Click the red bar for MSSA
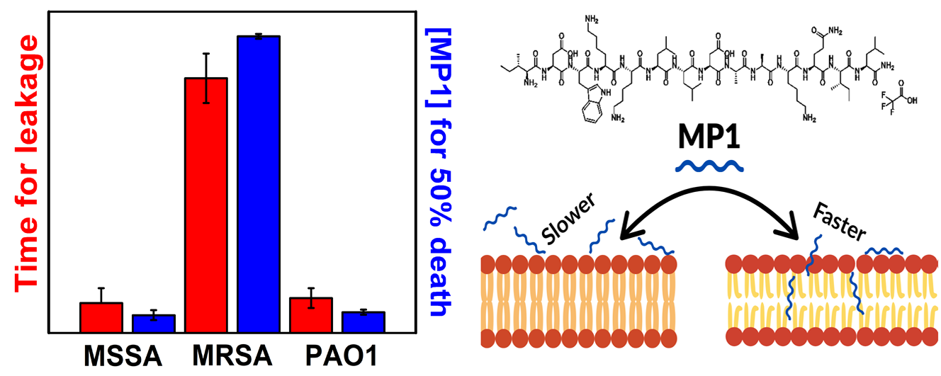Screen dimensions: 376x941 coord(101,317)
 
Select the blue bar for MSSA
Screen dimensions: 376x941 coord(154,324)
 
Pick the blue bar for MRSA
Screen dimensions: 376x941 coord(259,184)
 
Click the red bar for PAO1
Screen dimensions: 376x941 coord(311,314)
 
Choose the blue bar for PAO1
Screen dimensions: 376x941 coord(364,322)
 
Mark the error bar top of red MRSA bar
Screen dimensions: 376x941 coord(206,54)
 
